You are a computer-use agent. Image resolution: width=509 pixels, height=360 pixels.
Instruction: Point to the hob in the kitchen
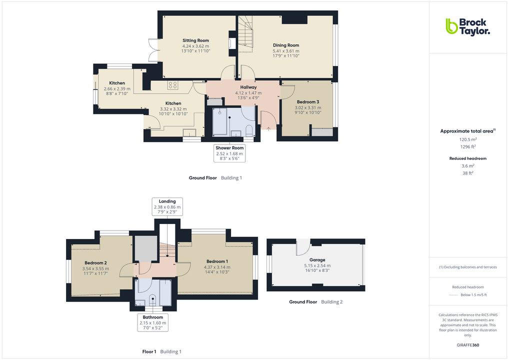tap(173, 85)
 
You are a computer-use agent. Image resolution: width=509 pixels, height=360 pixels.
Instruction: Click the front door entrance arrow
tap(268, 128)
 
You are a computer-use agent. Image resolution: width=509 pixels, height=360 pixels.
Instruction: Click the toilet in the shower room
tap(249, 130)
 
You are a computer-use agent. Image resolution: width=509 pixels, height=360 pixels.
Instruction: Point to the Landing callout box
tap(167, 206)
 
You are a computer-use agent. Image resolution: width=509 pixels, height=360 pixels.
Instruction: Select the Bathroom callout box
tap(152, 322)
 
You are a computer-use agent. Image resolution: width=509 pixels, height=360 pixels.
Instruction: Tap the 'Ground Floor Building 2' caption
tap(315, 302)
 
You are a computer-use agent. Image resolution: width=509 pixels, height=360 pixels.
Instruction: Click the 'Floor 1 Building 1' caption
tap(161, 352)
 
